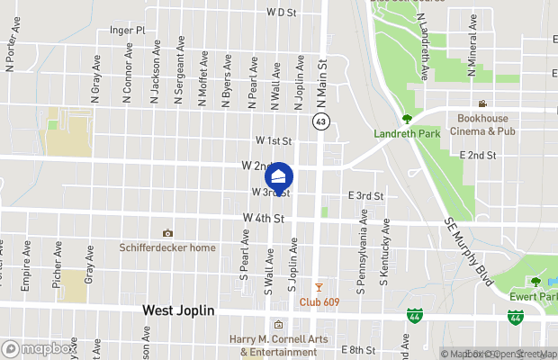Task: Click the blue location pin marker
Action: pyautogui.click(x=279, y=177)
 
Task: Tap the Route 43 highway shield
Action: pyautogui.click(x=319, y=121)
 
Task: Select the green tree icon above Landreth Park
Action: pyautogui.click(x=407, y=118)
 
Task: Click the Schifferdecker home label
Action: pyautogui.click(x=167, y=247)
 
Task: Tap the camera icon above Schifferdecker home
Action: pyautogui.click(x=166, y=233)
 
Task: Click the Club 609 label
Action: pyautogui.click(x=319, y=301)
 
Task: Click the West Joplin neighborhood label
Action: pyautogui.click(x=178, y=310)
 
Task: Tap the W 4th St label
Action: pyautogui.click(x=264, y=219)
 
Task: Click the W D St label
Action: pyautogui.click(x=282, y=13)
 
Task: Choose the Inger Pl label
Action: pyautogui.click(x=127, y=30)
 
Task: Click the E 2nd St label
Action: pyautogui.click(x=479, y=156)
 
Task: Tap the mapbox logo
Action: pyautogui.click(x=39, y=348)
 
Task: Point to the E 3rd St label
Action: pyautogui.click(x=365, y=195)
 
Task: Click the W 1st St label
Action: pyautogui.click(x=274, y=141)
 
